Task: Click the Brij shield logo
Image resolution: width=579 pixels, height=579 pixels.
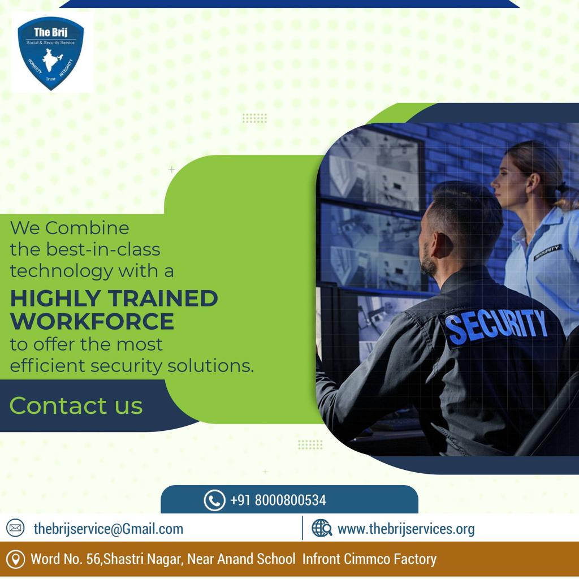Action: pos(50,53)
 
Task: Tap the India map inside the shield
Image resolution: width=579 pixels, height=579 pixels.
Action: pos(51,61)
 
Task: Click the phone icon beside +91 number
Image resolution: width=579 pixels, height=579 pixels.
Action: pos(214,500)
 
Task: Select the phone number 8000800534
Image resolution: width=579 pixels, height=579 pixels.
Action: pos(290,500)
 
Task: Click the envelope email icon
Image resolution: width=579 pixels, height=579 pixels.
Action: pos(15,528)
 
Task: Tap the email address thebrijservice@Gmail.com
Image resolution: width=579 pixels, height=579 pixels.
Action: pos(108,529)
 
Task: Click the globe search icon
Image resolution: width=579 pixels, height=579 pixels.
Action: pos(322,528)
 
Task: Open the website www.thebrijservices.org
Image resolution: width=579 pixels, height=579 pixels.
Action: pos(406,529)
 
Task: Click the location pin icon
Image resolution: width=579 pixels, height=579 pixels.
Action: pos(15,559)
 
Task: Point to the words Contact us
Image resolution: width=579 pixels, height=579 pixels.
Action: pos(76,406)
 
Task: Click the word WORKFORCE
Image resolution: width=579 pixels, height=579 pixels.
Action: pos(92,321)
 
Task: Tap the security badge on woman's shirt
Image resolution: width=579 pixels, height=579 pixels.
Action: pos(548,252)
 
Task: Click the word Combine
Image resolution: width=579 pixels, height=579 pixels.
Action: pos(87,228)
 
